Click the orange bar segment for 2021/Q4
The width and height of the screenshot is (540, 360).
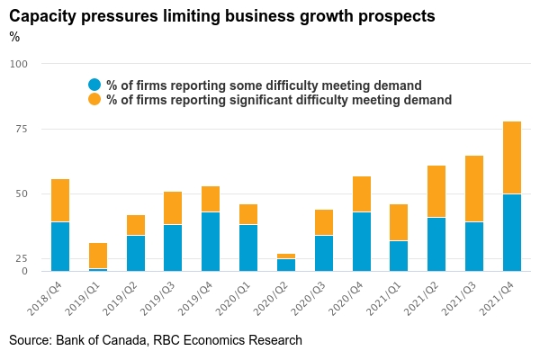click(511, 157)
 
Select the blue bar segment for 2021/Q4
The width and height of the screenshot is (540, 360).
click(511, 232)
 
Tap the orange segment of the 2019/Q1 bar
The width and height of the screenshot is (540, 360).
click(98, 256)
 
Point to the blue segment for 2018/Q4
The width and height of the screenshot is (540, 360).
click(60, 246)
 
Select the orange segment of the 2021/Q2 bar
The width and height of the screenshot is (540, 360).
click(436, 192)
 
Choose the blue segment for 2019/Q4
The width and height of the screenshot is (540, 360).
click(211, 241)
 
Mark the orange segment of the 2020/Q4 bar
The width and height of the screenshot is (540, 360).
click(361, 194)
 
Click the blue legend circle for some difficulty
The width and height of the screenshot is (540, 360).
click(94, 85)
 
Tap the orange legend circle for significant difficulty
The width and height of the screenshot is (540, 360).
click(94, 100)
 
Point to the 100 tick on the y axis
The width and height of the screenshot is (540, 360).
click(20, 64)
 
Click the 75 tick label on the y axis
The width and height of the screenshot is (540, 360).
click(20, 130)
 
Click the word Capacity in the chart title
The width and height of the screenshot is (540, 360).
click(43, 16)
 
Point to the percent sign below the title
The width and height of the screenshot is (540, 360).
click(14, 37)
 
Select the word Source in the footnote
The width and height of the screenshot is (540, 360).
click(30, 340)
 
